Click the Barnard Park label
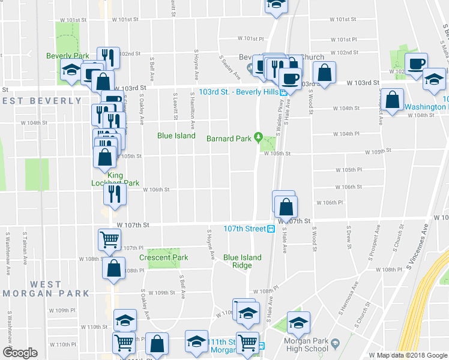coord(229,139)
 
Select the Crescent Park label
coord(163,257)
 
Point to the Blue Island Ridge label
coord(243,261)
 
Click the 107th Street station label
coord(244,229)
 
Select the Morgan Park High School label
coord(307,344)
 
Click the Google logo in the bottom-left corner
coord(20,353)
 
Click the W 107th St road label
coord(133,225)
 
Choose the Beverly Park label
coord(68,56)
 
